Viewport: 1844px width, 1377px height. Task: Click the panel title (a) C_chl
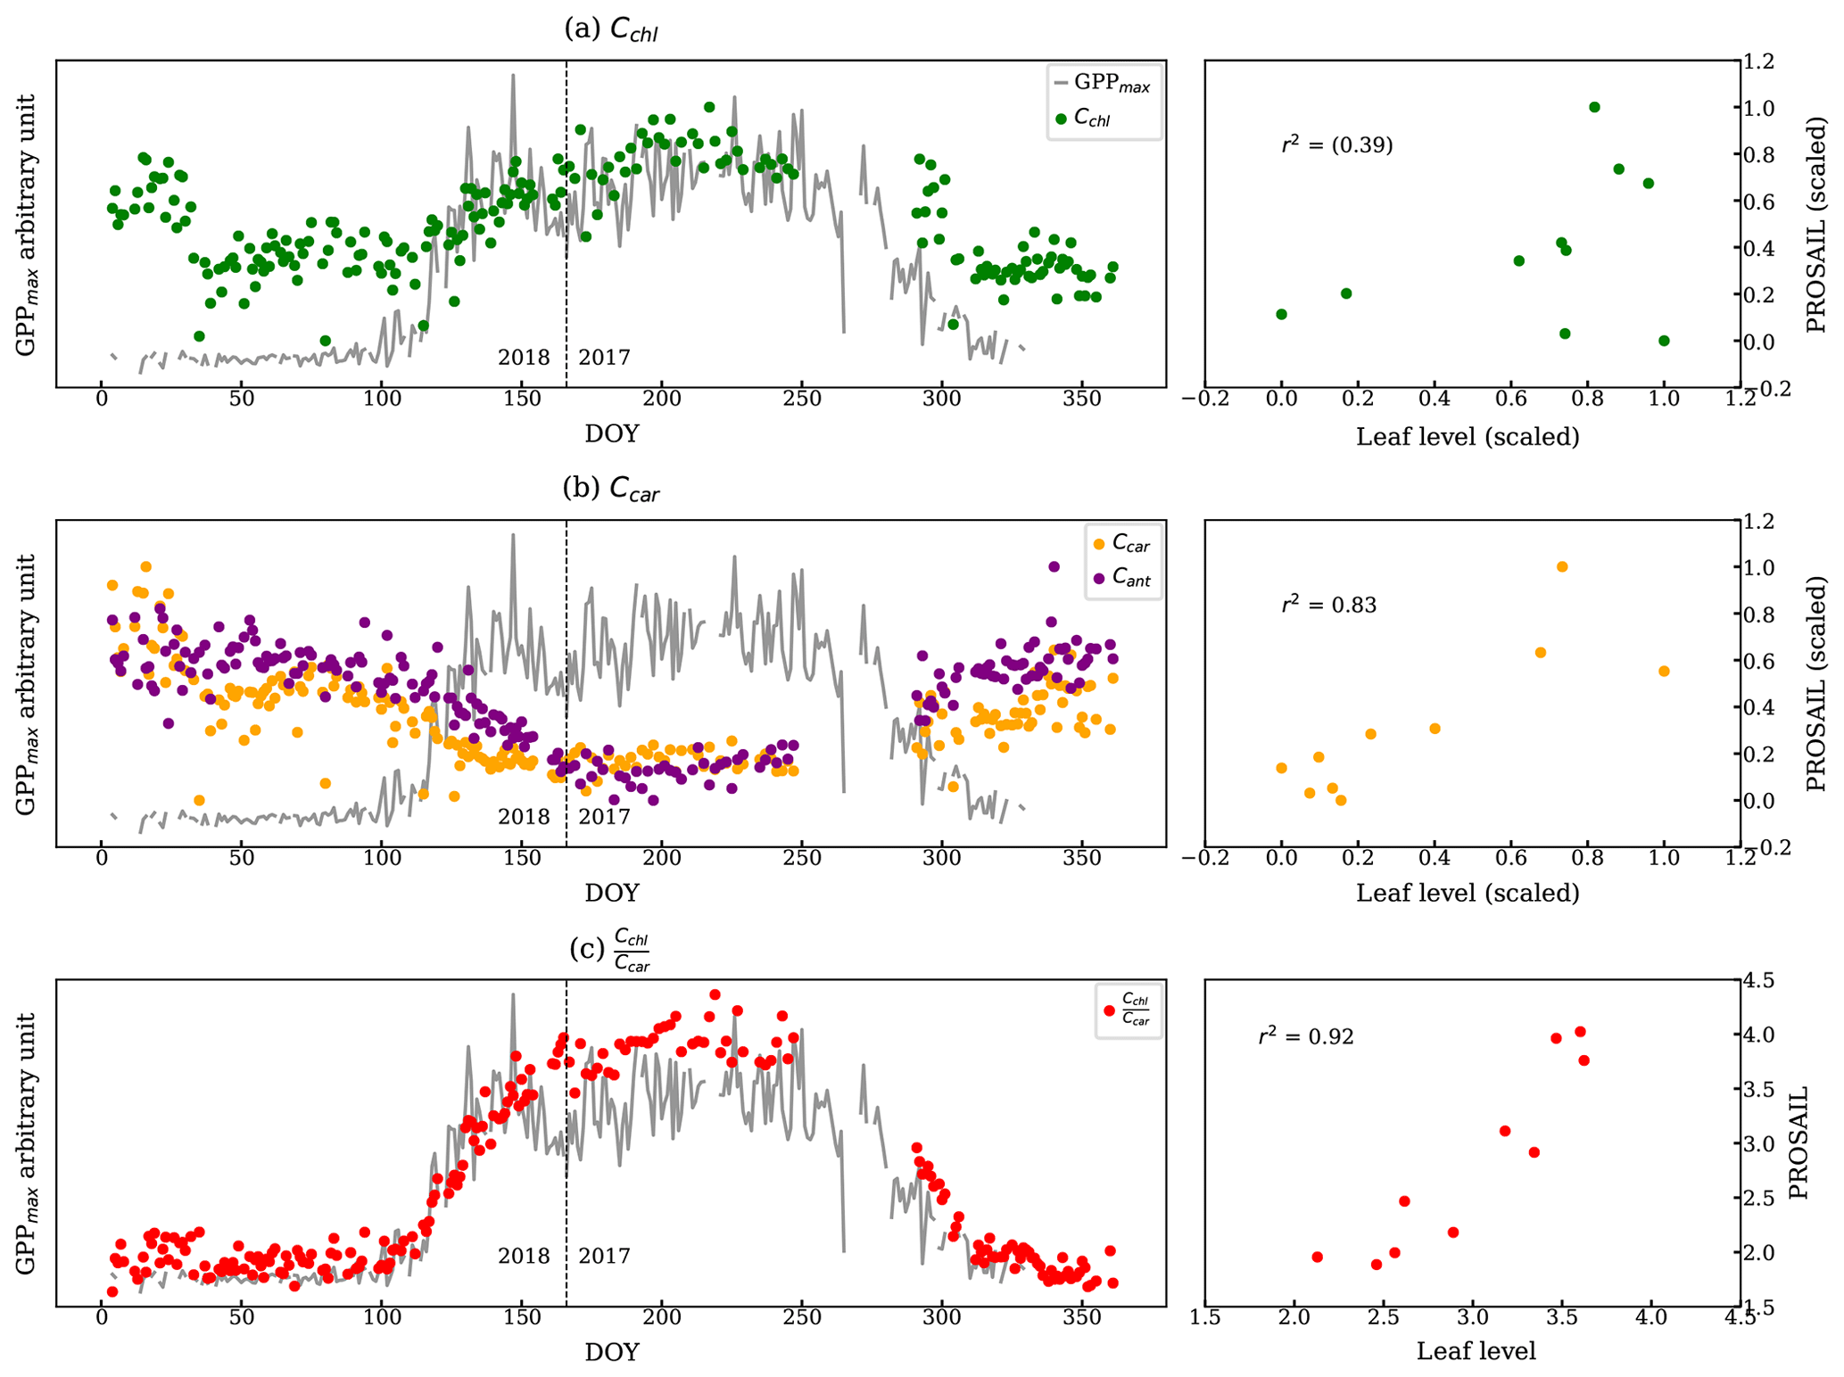(611, 29)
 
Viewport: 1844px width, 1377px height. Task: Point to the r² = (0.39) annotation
(1336, 144)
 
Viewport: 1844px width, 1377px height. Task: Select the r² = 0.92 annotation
(1306, 1036)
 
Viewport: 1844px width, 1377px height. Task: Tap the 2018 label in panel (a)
(524, 358)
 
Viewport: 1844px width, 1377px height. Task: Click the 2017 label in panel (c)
(604, 1256)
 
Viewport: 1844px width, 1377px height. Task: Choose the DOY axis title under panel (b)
(612, 893)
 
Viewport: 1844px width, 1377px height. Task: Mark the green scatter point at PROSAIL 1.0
(1594, 107)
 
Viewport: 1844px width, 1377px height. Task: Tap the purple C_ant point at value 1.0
(1054, 566)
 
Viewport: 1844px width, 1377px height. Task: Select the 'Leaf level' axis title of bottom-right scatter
(1476, 1351)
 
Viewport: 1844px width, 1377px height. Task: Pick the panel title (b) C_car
(611, 489)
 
